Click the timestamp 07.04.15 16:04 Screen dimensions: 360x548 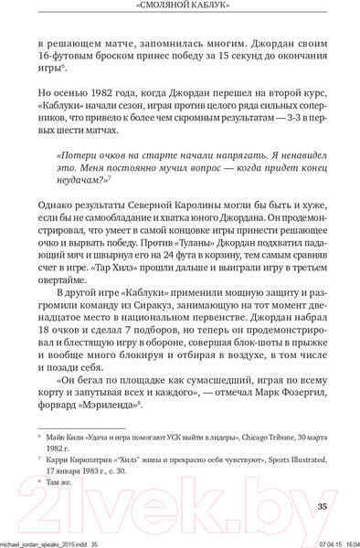(325, 541)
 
